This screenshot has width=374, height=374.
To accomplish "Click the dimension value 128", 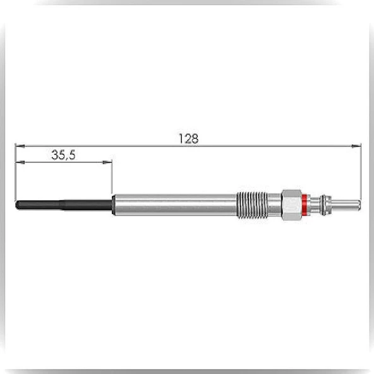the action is click(x=188, y=138).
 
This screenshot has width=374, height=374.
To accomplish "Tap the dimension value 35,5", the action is click(x=63, y=155).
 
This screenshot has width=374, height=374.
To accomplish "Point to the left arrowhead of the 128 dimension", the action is click(x=20, y=146).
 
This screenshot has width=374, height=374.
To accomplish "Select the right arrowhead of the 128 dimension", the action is click(x=356, y=146).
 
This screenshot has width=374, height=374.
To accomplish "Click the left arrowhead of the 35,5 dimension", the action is click(x=20, y=162).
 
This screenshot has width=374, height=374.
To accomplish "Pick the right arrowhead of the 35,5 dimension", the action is click(x=107, y=162).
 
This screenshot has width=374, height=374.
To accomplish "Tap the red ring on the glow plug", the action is click(x=304, y=205).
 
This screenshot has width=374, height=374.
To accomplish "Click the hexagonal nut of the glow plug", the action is click(x=291, y=205).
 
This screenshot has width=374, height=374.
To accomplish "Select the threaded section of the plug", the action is click(x=251, y=205).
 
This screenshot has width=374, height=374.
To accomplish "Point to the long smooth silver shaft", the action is click(x=174, y=205).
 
